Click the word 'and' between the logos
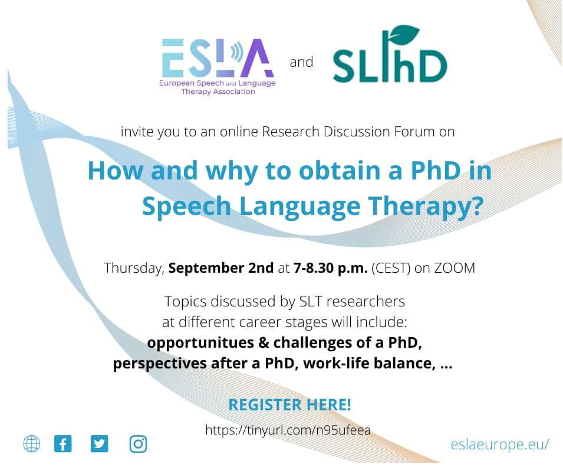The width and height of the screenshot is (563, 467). pos(302,62)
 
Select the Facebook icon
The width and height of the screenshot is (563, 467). pos(63,443)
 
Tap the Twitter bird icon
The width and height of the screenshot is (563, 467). pos(100,443)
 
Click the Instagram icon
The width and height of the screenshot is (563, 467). pos(138,444)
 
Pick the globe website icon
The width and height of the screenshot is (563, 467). pos(32,443)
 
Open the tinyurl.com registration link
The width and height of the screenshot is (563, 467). pos(288,430)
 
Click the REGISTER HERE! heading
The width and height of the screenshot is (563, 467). pos(290,405)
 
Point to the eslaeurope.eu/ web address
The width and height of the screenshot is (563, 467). pos(500,445)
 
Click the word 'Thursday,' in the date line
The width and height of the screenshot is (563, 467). pos(134,268)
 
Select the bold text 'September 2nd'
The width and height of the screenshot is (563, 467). pos(221,268)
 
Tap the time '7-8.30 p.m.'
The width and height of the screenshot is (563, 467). pos(330,268)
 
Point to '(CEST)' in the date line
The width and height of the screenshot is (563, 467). pos(391,268)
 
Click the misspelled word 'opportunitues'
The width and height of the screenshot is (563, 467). pos(200,343)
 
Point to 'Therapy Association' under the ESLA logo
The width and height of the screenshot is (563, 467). pos(218,92)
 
